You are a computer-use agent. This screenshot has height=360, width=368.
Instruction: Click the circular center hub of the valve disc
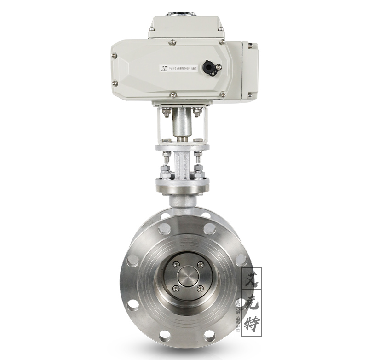[x=188, y=277]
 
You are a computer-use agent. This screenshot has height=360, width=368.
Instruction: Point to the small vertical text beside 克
[x=238, y=304]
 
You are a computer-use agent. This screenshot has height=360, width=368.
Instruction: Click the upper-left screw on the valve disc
[x=176, y=265]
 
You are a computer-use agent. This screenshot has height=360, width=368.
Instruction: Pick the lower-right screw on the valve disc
[x=200, y=289]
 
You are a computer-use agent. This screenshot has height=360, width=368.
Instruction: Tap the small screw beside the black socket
[x=219, y=67]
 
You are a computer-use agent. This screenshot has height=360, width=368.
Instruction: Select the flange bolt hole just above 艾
[x=241, y=260]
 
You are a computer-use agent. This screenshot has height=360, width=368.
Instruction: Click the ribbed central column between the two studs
[x=182, y=166]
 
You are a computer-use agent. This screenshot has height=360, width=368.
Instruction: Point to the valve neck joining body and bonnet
[x=182, y=201]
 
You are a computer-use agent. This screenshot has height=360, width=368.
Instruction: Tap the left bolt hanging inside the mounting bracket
[x=166, y=112]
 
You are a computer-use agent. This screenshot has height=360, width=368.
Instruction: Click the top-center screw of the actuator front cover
[x=172, y=42]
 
